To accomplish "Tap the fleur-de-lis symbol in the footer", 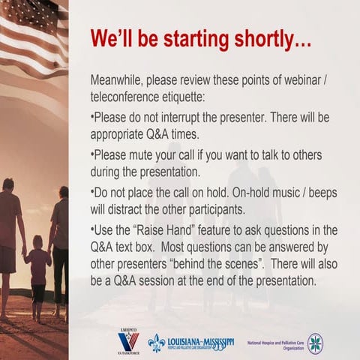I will click(157, 343).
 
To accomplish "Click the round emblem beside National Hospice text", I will click(316, 343).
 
